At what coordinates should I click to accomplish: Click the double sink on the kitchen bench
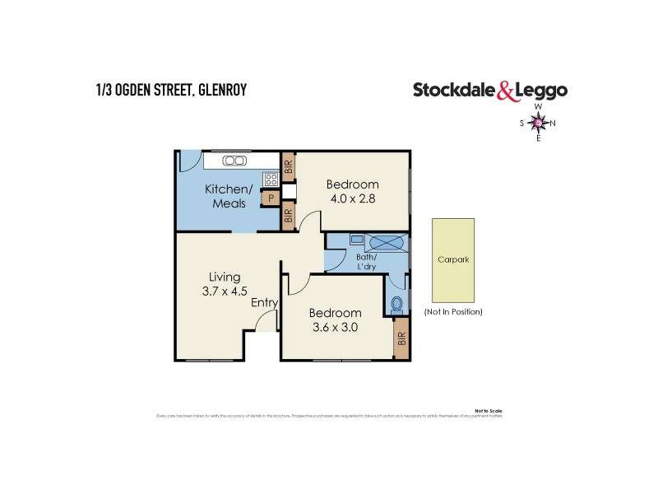pos(234,161)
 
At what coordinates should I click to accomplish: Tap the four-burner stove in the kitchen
pos(270,179)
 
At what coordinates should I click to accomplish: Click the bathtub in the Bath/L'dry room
pos(385,243)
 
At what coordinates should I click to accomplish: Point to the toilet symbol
pos(396,303)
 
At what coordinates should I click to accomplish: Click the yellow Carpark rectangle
pos(452,259)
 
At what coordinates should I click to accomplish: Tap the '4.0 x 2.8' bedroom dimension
pos(352,198)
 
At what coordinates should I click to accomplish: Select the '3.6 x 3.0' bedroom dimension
pos(335,327)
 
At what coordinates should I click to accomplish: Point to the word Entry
pos(265,303)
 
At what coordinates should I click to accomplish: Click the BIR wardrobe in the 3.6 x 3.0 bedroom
pos(401,338)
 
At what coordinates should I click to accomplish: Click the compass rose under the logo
pos(538,123)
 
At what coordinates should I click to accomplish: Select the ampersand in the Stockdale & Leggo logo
pos(505,91)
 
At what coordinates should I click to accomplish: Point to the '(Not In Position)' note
pos(452,312)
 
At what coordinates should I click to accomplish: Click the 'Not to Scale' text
pos(489,409)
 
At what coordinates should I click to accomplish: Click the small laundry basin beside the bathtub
pos(355,240)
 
